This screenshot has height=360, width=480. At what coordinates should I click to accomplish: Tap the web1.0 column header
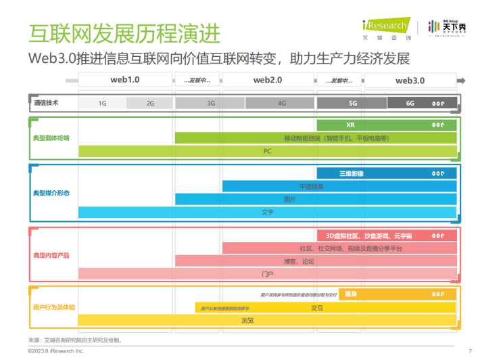pyautogui.click(x=125, y=81)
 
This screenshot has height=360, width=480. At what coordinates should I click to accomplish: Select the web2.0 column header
pyautogui.click(x=268, y=81)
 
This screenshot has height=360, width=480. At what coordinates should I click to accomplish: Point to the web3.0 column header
pyautogui.click(x=410, y=81)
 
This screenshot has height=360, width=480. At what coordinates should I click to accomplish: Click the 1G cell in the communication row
pyautogui.click(x=103, y=104)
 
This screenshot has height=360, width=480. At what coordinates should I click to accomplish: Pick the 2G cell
pyautogui.click(x=150, y=104)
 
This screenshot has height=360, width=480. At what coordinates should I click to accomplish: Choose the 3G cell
pyautogui.click(x=211, y=104)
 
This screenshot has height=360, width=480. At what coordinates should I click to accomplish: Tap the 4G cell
pyautogui.click(x=282, y=104)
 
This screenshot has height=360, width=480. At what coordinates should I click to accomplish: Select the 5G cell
pyautogui.click(x=352, y=104)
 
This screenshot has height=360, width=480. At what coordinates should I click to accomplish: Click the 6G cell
pyautogui.click(x=410, y=104)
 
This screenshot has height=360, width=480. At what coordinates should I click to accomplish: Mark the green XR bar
pyautogui.click(x=350, y=125)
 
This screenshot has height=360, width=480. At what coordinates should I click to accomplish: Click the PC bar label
pyautogui.click(x=267, y=151)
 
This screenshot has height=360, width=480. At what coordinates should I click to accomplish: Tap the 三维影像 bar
pyautogui.click(x=352, y=173)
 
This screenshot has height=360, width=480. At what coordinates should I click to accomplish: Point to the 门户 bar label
pyautogui.click(x=267, y=274)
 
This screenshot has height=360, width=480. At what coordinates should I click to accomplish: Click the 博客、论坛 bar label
pyautogui.click(x=298, y=261)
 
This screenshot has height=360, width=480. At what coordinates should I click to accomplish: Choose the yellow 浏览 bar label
pyautogui.click(x=247, y=320)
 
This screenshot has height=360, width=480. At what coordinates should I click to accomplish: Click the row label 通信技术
pyautogui.click(x=47, y=104)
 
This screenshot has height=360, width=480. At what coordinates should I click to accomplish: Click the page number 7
pyautogui.click(x=469, y=351)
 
